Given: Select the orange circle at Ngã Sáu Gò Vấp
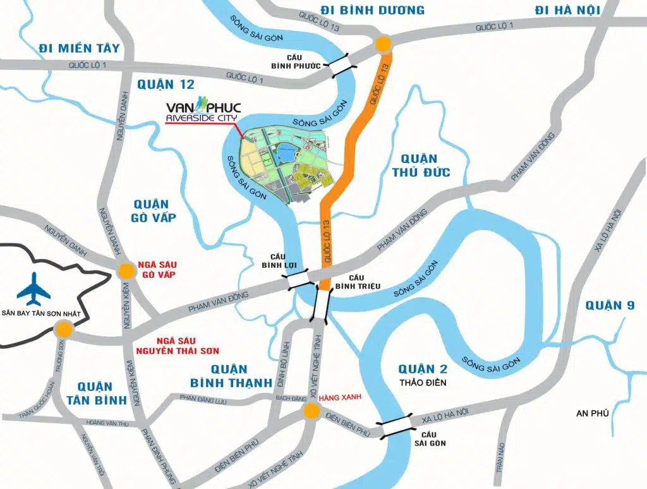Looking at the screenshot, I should pyautogui.click(x=126, y=271).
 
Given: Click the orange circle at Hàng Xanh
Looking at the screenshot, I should pyautogui.click(x=310, y=412).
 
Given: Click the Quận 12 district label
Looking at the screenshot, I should pyautogui.click(x=166, y=85).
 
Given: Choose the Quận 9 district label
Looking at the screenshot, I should pyautogui.click(x=609, y=306).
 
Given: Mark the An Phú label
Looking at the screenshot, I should pyautogui.click(x=592, y=413).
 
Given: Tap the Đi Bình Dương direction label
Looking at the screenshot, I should pyautogui.click(x=373, y=10).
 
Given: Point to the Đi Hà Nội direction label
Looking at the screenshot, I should pyautogui.click(x=567, y=10).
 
